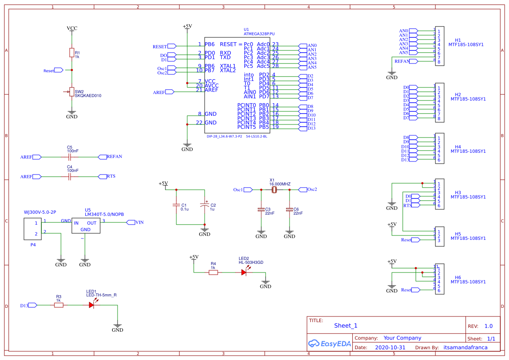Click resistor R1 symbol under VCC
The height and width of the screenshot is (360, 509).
click(x=72, y=53)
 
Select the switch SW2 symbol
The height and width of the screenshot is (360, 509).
click(x=71, y=92)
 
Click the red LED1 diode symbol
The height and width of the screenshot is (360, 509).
click(x=91, y=305)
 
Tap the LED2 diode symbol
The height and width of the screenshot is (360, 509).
click(x=244, y=272)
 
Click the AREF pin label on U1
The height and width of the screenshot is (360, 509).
click(x=211, y=90)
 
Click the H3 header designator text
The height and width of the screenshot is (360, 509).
click(x=458, y=192)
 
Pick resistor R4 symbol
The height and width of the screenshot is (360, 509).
click(x=213, y=272)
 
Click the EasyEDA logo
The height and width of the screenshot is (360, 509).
click(x=329, y=343)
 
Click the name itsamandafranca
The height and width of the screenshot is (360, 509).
click(x=465, y=348)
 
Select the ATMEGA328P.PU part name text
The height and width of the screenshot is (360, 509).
click(x=259, y=34)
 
